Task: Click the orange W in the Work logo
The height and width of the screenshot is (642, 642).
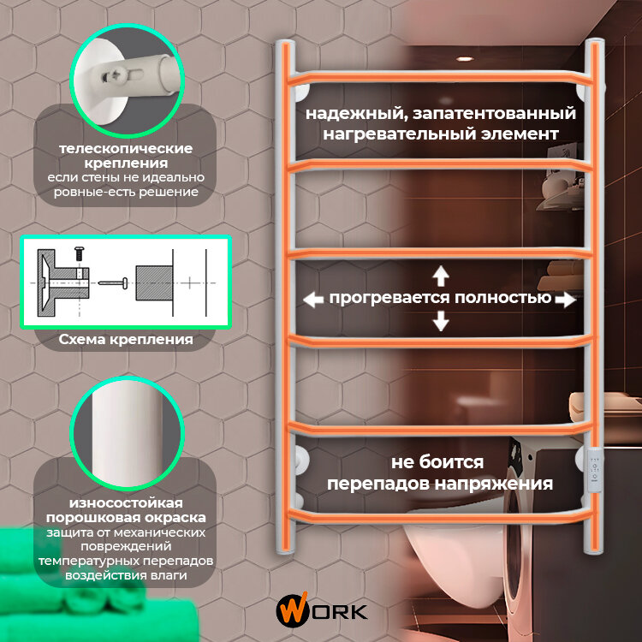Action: click(x=288, y=611)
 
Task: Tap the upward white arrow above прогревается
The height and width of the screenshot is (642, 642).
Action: click(x=441, y=276)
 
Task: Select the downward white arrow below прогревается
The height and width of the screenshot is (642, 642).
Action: click(x=441, y=321)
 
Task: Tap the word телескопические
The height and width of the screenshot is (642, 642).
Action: click(x=125, y=148)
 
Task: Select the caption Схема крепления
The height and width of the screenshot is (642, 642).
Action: click(x=125, y=340)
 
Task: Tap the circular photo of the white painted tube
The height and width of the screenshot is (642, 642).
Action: click(x=125, y=437)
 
